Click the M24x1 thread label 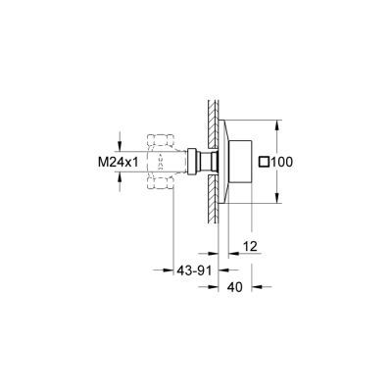(x=116, y=160)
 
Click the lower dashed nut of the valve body (x=158, y=183)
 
